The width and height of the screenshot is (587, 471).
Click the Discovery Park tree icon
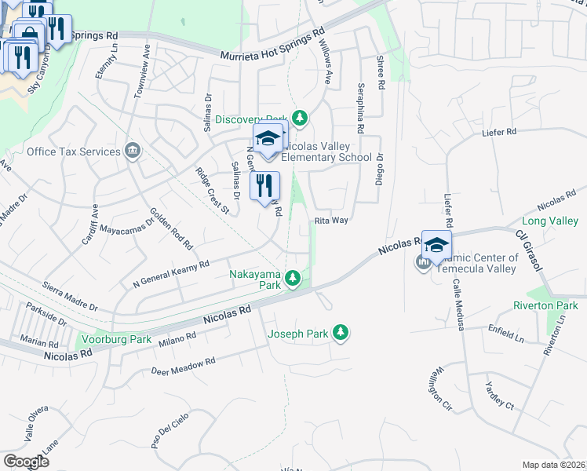(x=299, y=119)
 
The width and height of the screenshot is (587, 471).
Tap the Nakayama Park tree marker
(x=293, y=278)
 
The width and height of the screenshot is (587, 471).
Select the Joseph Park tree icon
(x=340, y=334)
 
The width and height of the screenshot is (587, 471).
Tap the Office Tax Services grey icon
(x=132, y=151)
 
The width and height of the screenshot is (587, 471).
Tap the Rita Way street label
(x=331, y=221)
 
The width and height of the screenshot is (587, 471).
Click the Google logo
(x=25, y=461)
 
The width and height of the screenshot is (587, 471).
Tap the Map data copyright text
(x=554, y=465)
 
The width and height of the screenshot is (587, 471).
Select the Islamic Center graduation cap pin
(x=436, y=246)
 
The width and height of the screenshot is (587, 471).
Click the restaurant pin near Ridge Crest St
(x=264, y=187)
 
